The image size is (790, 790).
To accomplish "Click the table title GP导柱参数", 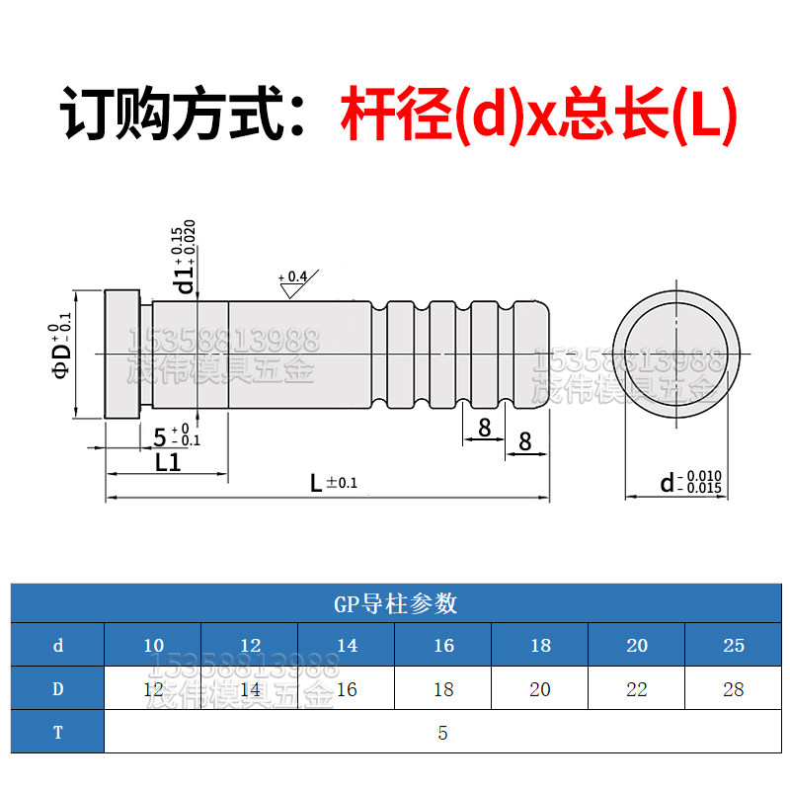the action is [395, 603].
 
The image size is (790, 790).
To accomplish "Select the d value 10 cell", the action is [153, 646].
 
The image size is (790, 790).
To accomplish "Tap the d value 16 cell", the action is [443, 646].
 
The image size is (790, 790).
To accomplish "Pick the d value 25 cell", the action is [733, 646].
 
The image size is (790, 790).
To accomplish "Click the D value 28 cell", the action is [733, 689].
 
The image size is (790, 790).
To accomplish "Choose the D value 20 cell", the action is [540, 689].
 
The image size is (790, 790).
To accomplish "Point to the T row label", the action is [58, 733].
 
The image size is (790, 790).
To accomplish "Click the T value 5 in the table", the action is [443, 733].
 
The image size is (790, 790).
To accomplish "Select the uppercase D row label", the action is [58, 689].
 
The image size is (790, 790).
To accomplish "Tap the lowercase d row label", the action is [58, 646].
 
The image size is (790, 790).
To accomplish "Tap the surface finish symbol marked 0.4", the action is [293, 284].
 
